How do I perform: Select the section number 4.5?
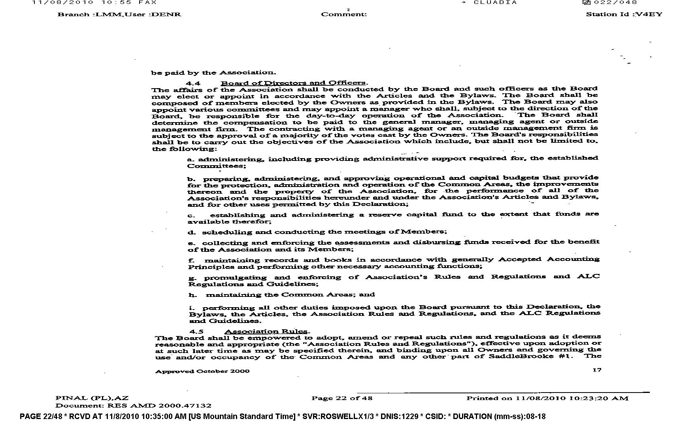point(196,332)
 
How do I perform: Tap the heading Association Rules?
point(267,331)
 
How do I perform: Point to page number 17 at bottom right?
point(597,370)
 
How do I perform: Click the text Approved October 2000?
point(202,371)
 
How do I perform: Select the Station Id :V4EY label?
point(624,14)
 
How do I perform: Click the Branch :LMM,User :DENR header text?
point(119,14)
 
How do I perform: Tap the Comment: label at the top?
point(344,14)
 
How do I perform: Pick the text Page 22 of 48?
point(341,398)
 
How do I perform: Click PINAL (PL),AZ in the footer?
point(92,398)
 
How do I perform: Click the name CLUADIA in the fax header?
point(495,2)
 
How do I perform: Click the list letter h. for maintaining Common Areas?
point(192,295)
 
